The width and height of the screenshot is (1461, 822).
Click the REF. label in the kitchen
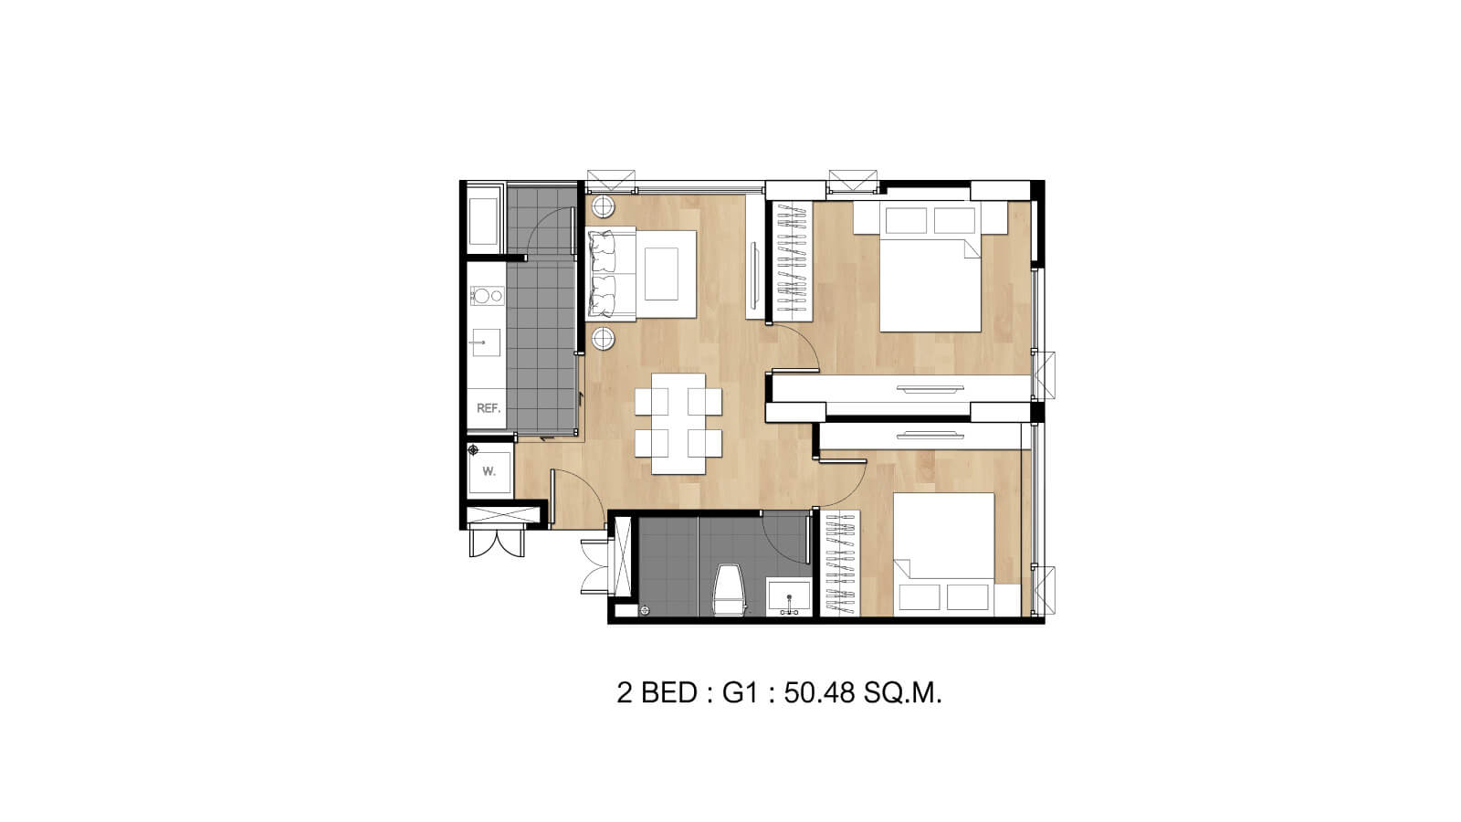[489, 408]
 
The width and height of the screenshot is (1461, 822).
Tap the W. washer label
[489, 471]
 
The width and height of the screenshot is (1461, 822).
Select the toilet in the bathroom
[730, 590]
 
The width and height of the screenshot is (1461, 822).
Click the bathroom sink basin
[789, 597]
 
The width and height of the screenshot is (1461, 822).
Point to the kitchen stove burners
[488, 296]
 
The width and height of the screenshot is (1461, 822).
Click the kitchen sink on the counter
[486, 342]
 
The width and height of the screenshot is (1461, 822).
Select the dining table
[678, 424]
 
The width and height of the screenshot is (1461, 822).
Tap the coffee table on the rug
[661, 274]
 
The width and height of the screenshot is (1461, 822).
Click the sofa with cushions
[611, 274]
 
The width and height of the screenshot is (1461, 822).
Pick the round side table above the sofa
[604, 206]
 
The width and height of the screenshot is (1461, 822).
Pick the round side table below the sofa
[604, 339]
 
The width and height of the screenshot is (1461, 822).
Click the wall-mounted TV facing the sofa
[754, 274]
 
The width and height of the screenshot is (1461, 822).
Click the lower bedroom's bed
[944, 554]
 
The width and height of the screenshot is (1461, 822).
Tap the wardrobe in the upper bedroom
[792, 261]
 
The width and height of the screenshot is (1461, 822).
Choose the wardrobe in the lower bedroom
[840, 563]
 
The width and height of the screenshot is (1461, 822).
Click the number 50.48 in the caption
[819, 693]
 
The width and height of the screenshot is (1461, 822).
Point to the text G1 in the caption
[741, 693]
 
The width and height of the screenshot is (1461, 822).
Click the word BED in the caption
[669, 693]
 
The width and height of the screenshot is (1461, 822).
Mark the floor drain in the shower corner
[645, 611]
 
